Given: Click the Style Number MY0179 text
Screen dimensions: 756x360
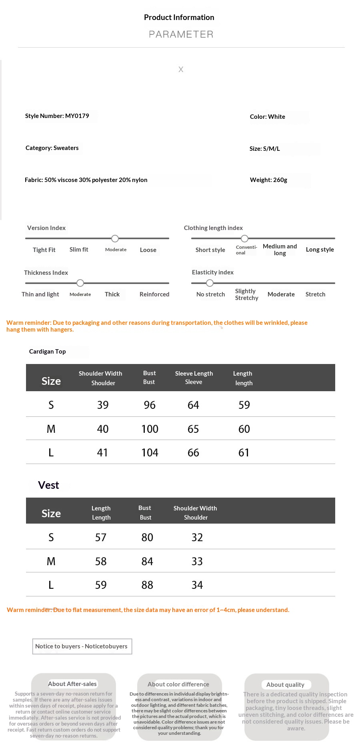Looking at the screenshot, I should [57, 116].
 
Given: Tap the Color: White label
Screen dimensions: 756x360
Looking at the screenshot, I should [267, 117].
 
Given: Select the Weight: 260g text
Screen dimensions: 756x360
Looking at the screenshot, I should [268, 180].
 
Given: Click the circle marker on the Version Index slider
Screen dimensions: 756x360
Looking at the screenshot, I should [115, 238].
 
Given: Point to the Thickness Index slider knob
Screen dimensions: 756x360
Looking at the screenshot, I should [80, 283].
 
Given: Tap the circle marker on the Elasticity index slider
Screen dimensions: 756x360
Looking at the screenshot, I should [210, 283].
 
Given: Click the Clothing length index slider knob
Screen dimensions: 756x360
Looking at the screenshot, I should [244, 238].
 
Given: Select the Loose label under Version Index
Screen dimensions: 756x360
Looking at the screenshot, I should [148, 250].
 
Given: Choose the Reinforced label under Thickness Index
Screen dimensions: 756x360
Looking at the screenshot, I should [154, 294].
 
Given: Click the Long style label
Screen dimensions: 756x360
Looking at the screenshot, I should [320, 250].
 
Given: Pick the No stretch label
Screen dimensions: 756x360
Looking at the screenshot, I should [210, 294].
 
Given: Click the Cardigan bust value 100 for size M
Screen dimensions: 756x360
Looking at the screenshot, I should [150, 429].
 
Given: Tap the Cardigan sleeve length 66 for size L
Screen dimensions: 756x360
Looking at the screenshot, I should [193, 453].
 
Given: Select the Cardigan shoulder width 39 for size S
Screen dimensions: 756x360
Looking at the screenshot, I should [103, 405].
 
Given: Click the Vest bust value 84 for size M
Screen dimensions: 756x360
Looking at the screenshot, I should [147, 562].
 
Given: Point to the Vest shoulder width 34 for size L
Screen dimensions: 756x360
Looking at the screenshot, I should [197, 585].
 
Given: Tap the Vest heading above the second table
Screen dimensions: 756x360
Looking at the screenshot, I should [48, 485].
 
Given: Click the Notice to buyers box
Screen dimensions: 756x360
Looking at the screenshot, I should [82, 646].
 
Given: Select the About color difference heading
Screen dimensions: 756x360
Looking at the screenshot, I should [178, 684].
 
